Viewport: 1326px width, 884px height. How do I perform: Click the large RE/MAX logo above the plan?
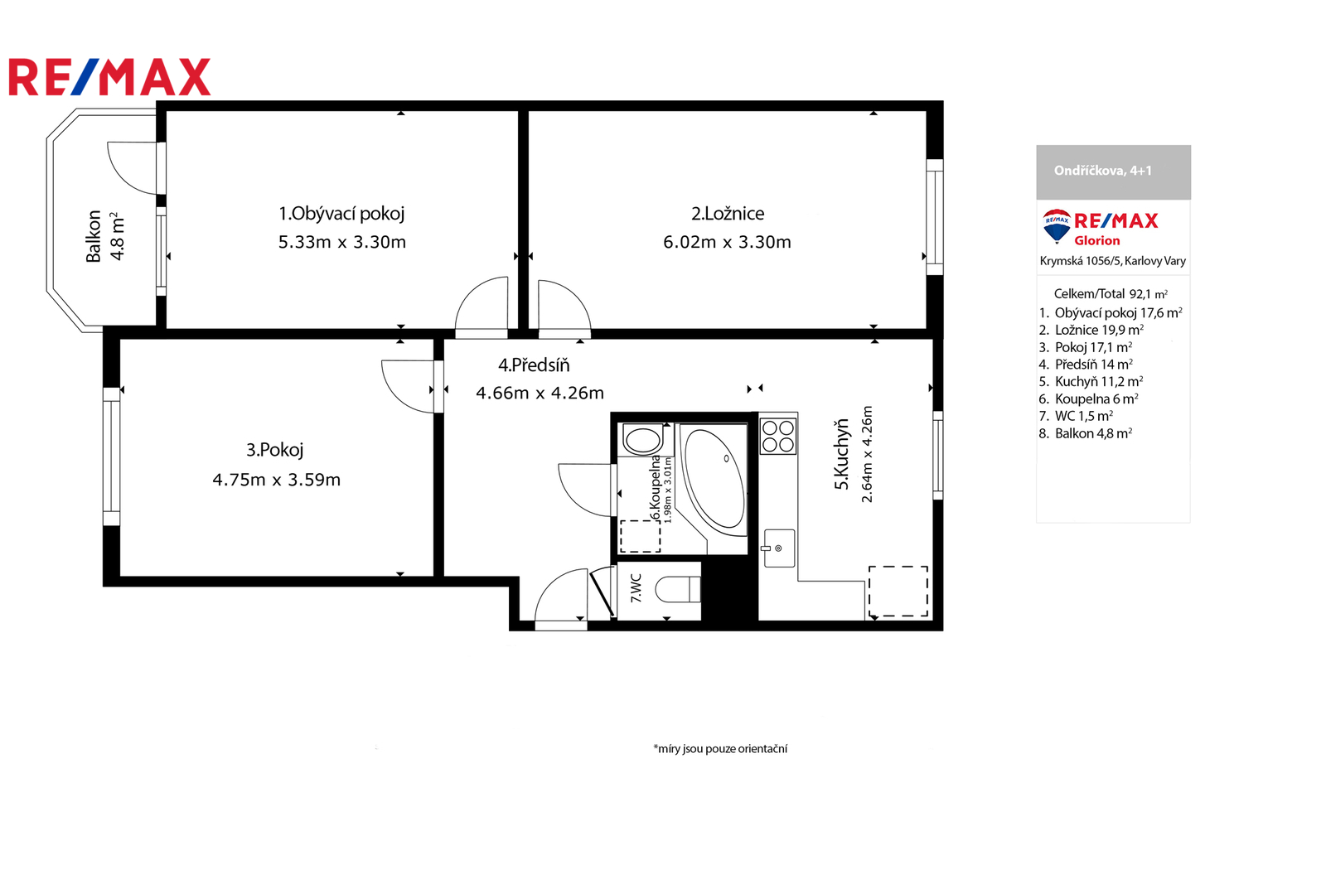pos(109,77)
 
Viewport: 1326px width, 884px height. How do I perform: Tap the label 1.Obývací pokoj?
pos(341,214)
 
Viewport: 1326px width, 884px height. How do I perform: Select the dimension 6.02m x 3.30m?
pos(727,242)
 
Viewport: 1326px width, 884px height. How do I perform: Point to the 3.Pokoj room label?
pos(274,450)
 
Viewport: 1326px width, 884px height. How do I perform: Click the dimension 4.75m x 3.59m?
pos(277,479)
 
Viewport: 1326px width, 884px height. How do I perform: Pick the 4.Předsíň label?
pos(534,365)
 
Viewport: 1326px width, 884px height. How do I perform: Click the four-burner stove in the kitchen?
pos(778,436)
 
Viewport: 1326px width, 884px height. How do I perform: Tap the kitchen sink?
pos(778,548)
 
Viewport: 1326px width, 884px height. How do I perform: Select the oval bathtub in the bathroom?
pos(714,479)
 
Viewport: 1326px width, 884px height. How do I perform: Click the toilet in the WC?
pos(679,589)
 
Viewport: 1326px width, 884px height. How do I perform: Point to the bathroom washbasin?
pos(642,440)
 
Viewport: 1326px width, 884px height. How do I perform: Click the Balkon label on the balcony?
pos(94,236)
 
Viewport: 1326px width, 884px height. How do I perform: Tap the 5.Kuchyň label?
pos(841,454)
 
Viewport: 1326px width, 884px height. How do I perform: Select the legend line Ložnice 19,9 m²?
pos(1091,330)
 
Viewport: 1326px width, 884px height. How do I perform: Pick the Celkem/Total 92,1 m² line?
pos(1111,293)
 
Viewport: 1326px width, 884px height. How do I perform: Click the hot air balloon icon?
pos(1057,225)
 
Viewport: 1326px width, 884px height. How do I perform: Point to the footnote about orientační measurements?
pos(720,748)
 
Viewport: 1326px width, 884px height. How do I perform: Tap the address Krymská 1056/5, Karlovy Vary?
pos(1113,261)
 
